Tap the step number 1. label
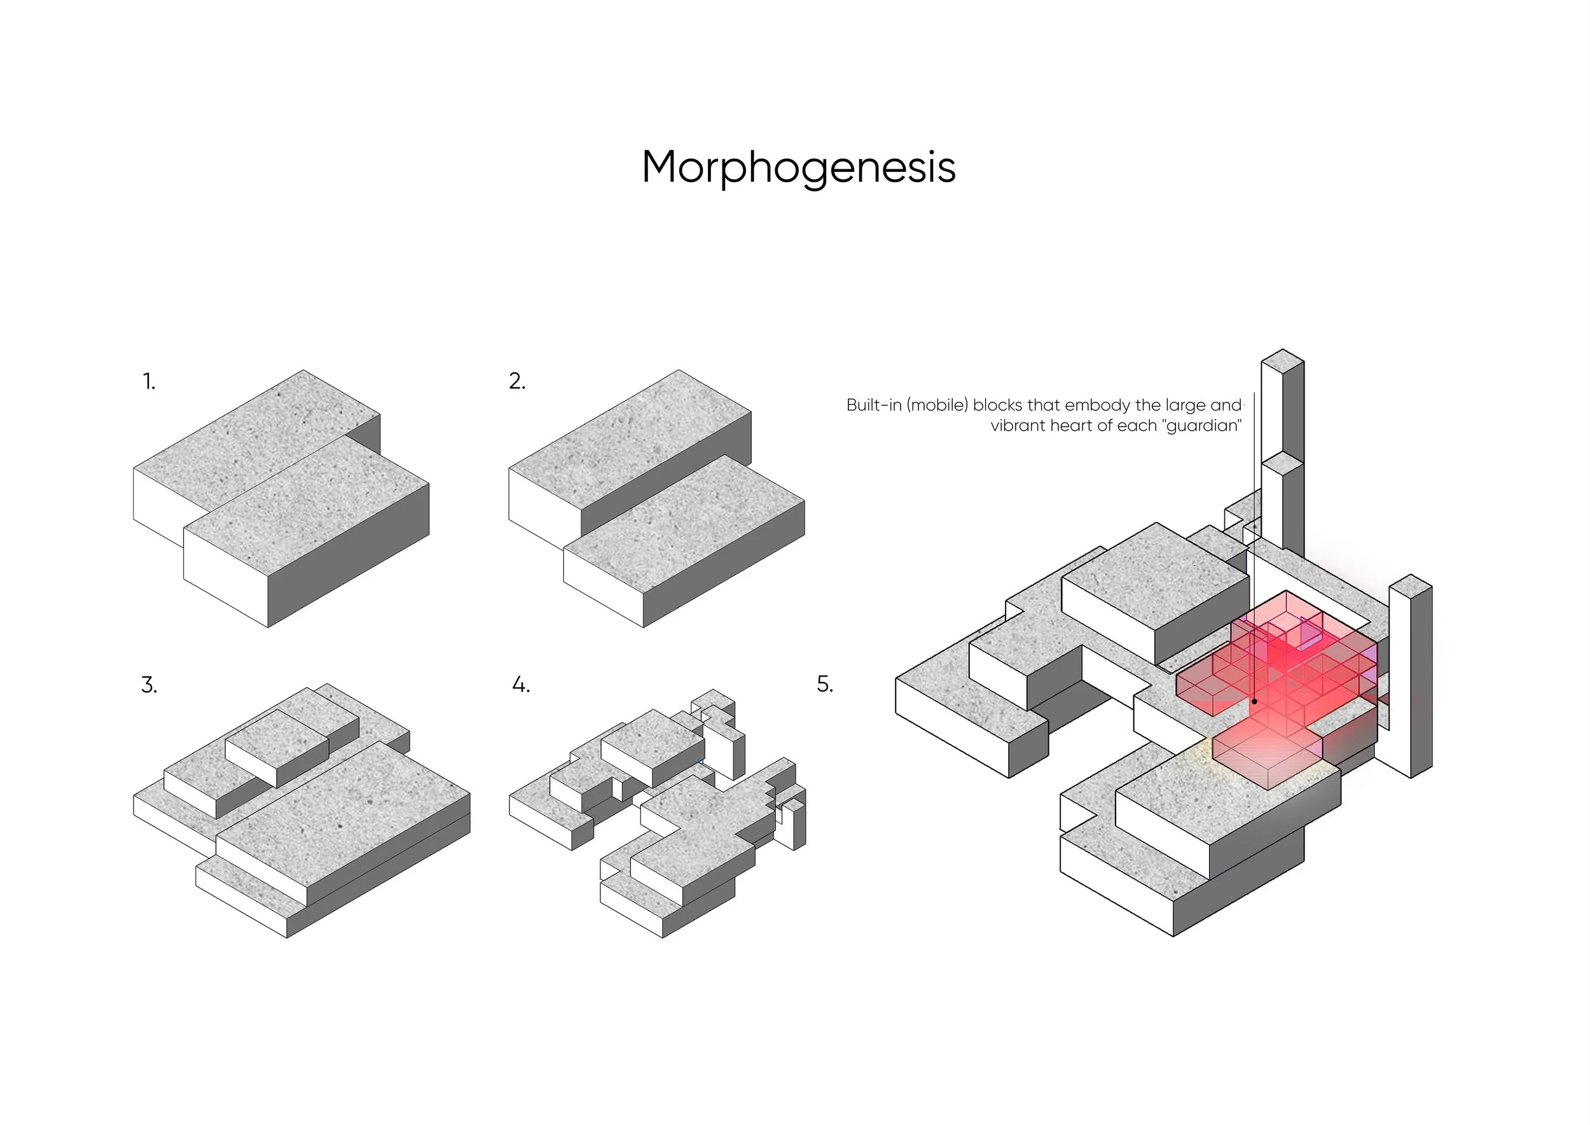[149, 381]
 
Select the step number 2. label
[517, 381]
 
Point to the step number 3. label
[149, 685]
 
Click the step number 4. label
[521, 685]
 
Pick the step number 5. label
[825, 685]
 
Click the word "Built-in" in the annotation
[874, 405]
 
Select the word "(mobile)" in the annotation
[937, 405]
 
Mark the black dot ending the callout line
[1254, 702]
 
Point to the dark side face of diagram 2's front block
[724, 564]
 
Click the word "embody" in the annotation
[1097, 406]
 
